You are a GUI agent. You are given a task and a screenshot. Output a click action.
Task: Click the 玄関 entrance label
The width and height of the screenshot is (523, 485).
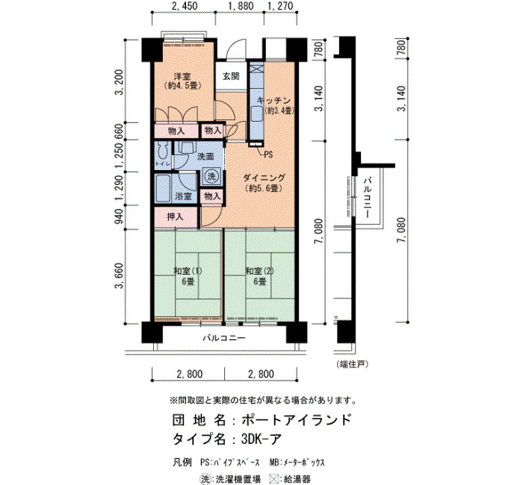pyautogui.click(x=231, y=76)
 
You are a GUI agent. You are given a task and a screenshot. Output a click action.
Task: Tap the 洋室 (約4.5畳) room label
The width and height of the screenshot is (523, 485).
pyautogui.click(x=182, y=81)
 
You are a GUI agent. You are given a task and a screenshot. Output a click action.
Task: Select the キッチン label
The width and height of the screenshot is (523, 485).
pyautogui.click(x=274, y=100)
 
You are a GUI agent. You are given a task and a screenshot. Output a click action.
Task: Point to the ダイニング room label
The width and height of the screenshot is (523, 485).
pyautogui.click(x=264, y=178)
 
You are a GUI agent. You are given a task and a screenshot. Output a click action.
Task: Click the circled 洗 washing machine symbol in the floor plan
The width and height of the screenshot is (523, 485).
pyautogui.click(x=211, y=176)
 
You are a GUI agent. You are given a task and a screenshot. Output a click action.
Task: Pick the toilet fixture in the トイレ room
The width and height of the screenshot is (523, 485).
pyautogui.click(x=163, y=151)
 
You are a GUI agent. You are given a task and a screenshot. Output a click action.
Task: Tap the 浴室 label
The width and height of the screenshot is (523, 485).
pyautogui.click(x=184, y=196)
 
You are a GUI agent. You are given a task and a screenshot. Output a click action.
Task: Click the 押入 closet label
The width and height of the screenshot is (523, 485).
pyautogui.click(x=175, y=217)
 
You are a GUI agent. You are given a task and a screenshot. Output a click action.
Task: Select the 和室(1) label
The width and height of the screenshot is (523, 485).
pyautogui.click(x=188, y=271)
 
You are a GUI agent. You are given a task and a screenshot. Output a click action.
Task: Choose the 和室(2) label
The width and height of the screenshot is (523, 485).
pyautogui.click(x=259, y=271)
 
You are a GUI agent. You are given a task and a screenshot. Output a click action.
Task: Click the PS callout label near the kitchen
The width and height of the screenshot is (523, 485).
pyautogui.click(x=268, y=154)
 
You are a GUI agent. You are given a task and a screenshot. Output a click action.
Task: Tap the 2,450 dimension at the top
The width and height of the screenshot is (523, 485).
pyautogui.click(x=183, y=6)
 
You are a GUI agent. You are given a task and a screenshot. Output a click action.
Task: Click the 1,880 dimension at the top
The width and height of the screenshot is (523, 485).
pyautogui.click(x=240, y=6)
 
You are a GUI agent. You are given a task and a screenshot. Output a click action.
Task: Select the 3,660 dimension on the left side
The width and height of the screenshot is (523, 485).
pyautogui.click(x=119, y=276)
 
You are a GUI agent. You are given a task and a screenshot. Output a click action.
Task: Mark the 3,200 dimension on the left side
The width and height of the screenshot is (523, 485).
pyautogui.click(x=119, y=82)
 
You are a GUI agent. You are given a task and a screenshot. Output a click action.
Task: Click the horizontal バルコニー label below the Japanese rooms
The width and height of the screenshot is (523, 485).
pyautogui.click(x=224, y=338)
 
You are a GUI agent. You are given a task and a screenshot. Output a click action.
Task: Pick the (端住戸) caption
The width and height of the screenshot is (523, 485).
pyautogui.click(x=352, y=364)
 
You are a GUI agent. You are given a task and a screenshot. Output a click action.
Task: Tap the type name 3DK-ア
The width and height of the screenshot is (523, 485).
pyautogui.click(x=261, y=439)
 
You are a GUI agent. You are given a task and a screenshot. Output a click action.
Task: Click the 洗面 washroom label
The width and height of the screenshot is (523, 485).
pyautogui.click(x=205, y=156)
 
